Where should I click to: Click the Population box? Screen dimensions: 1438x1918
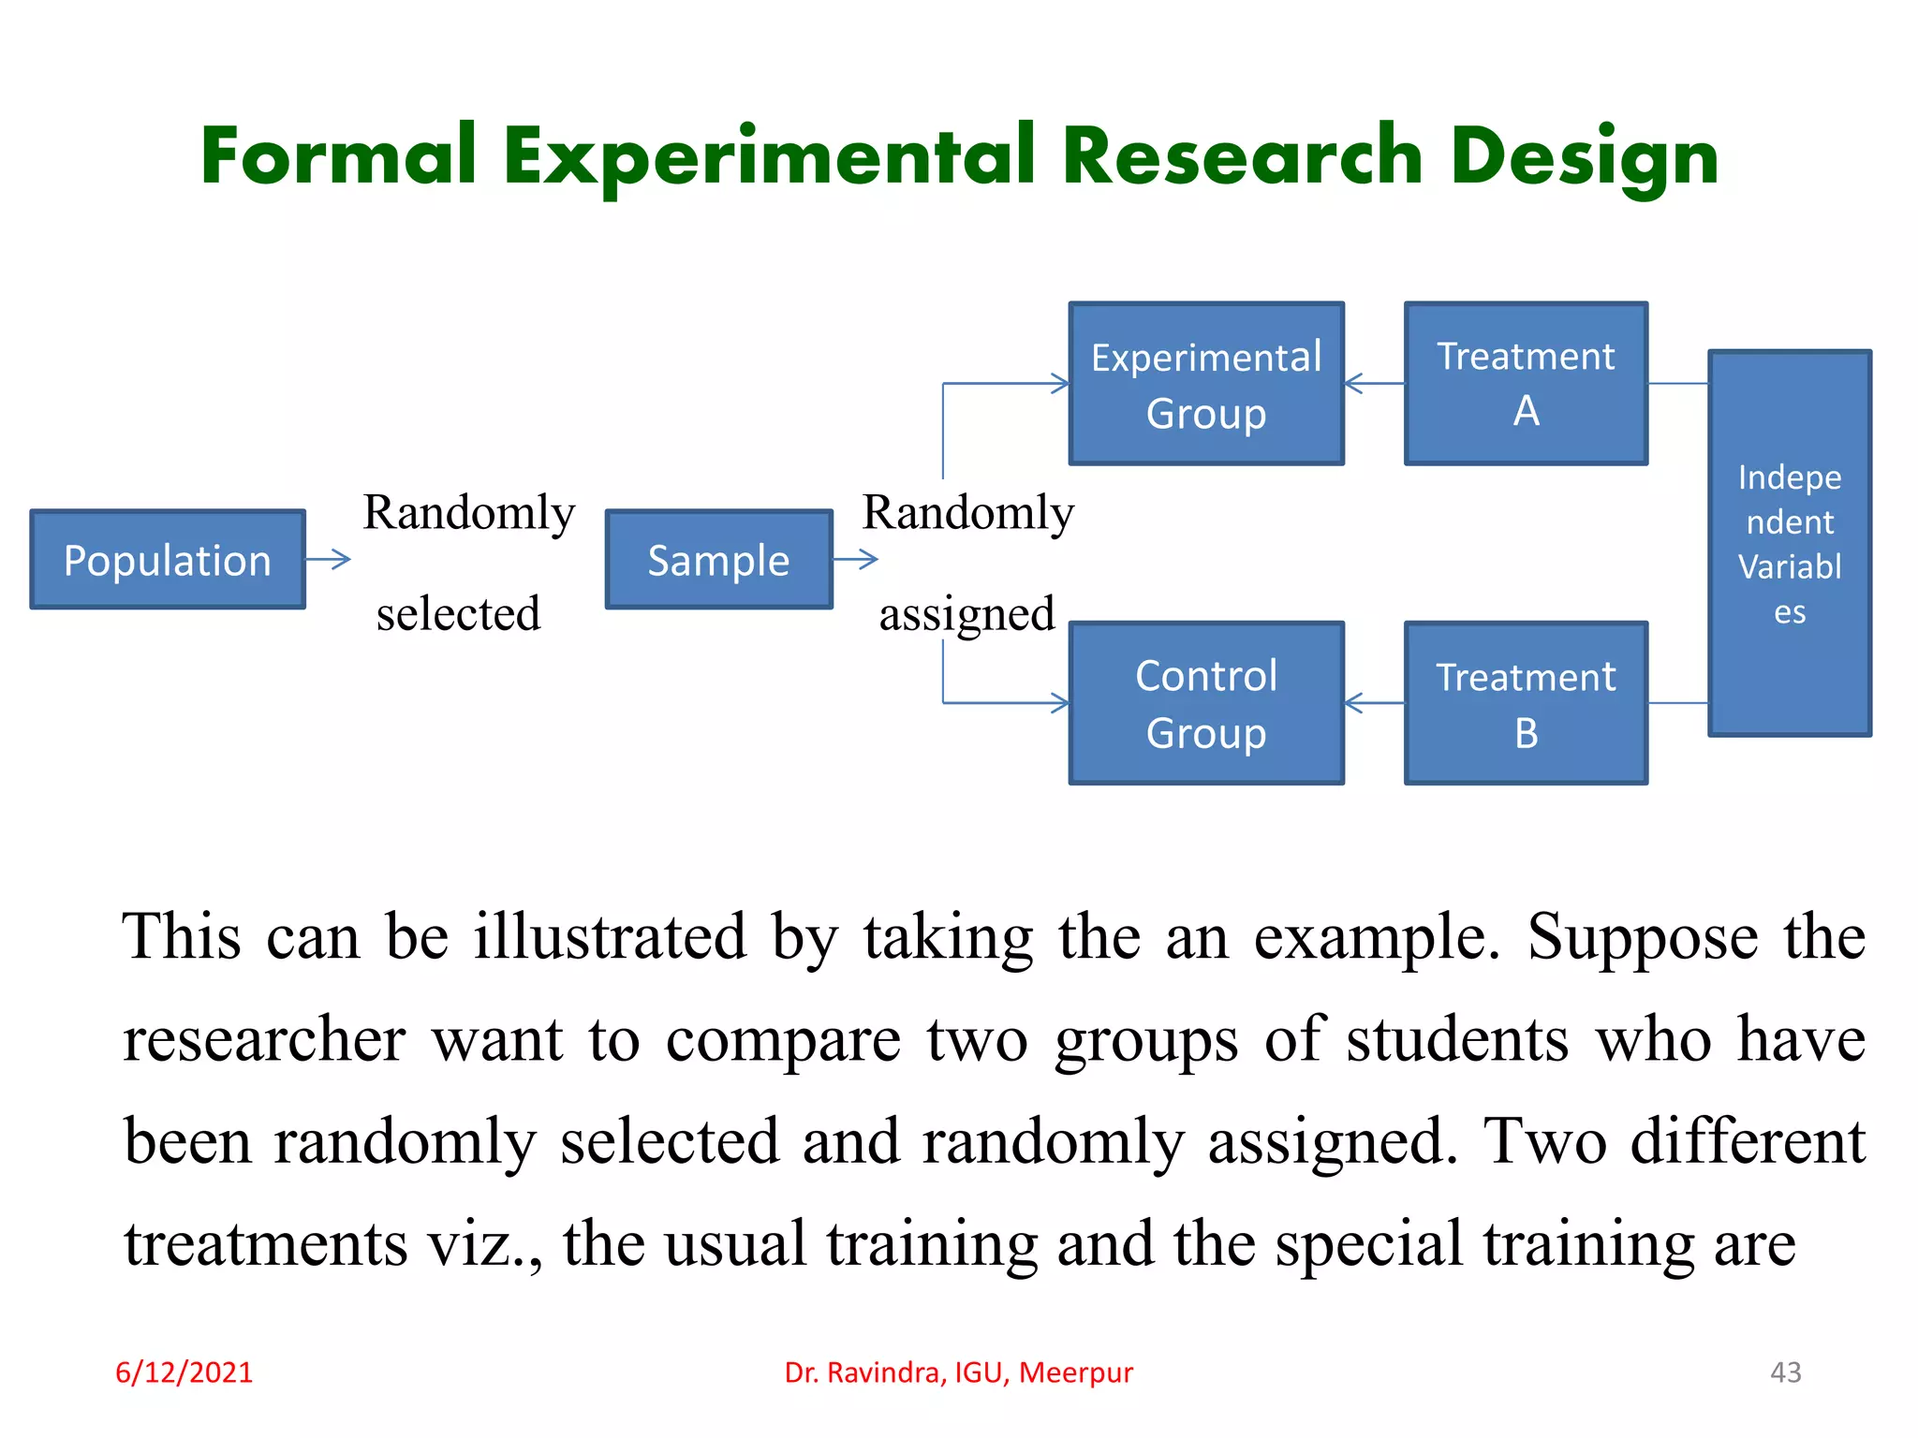168,560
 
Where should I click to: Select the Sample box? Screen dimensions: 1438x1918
718,560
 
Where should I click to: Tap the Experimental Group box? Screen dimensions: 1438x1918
1206,384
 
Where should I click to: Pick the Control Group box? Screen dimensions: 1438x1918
1206,703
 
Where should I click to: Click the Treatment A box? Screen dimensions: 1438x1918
1526,384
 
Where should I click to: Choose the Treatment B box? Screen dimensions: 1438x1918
1526,703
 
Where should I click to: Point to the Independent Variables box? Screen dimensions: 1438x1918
1789,544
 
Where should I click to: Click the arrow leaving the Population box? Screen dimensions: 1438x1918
328,560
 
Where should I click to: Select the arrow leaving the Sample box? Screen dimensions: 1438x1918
856,560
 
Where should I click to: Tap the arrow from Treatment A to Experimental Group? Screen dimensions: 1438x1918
1374,384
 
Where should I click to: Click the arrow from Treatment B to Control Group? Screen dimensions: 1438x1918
1374,703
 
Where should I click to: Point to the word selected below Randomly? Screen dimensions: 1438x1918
458,614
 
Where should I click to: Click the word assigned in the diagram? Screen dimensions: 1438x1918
966,614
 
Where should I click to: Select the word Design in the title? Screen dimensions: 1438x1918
1585,157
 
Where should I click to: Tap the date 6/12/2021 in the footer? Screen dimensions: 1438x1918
184,1372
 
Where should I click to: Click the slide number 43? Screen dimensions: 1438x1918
1785,1372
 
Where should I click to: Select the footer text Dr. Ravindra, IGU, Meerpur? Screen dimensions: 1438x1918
958,1372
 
